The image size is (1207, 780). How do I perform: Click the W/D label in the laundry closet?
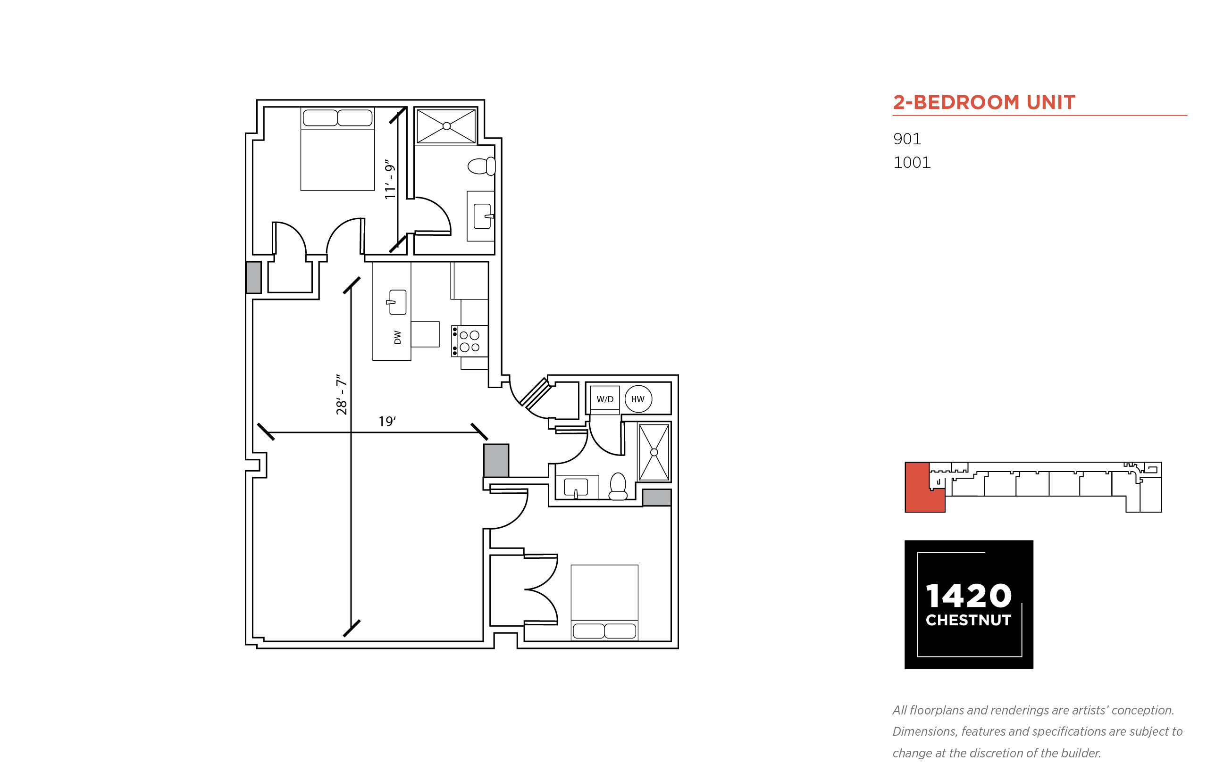click(x=604, y=399)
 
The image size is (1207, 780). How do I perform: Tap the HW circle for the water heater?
click(x=638, y=399)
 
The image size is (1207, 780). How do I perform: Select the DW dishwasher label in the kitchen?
click(x=397, y=337)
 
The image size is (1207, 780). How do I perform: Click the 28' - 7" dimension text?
click(x=342, y=395)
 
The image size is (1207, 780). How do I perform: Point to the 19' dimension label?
click(x=387, y=422)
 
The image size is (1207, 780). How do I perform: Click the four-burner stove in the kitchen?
click(x=469, y=341)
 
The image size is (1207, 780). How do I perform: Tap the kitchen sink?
click(x=397, y=302)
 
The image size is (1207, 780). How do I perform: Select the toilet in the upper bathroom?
click(x=481, y=166)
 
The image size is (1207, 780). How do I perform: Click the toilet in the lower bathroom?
click(x=618, y=486)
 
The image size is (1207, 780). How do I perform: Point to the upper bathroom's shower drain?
click(x=446, y=126)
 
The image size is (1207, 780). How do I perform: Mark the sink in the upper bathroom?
click(x=482, y=216)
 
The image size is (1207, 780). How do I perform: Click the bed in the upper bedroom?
click(x=337, y=149)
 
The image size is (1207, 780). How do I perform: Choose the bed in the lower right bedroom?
click(x=604, y=603)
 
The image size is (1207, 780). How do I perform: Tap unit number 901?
click(x=907, y=139)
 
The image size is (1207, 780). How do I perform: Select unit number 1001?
click(x=912, y=163)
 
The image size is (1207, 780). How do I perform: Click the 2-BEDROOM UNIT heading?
click(x=983, y=102)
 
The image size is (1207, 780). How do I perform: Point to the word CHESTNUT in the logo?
click(x=968, y=620)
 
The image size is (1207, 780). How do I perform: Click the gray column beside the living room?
click(x=496, y=460)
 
